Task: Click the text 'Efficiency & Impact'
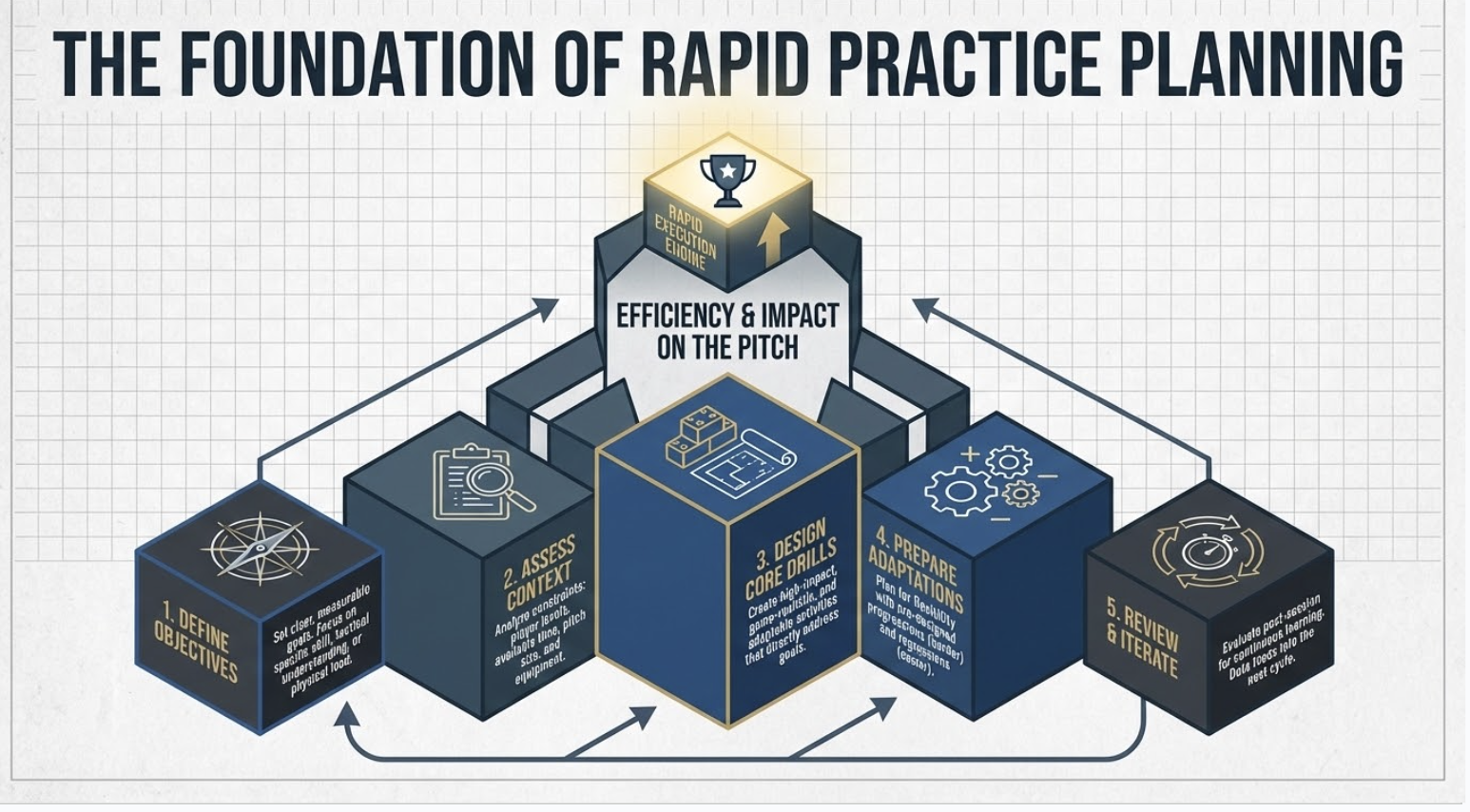[727, 315]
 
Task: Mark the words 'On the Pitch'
[727, 348]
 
